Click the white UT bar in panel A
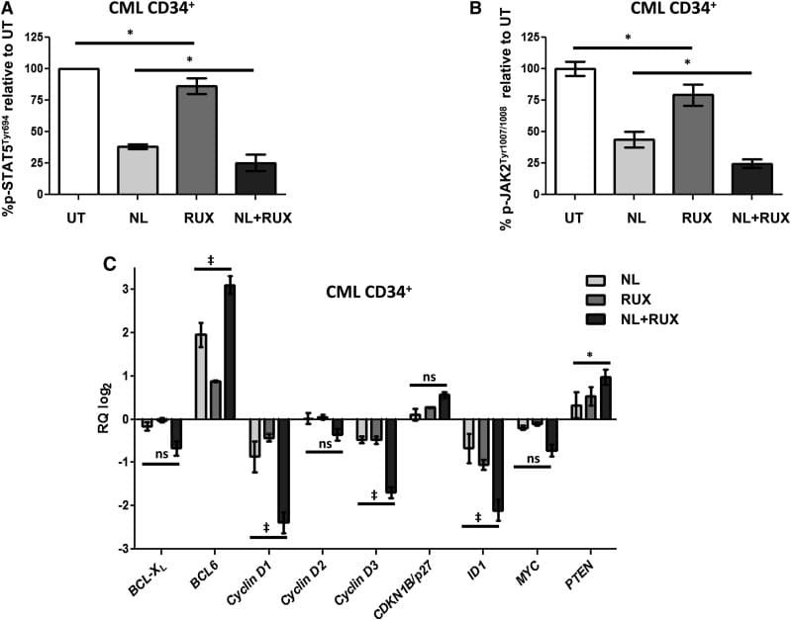[x=99, y=131]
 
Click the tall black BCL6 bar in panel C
[x=230, y=352]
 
